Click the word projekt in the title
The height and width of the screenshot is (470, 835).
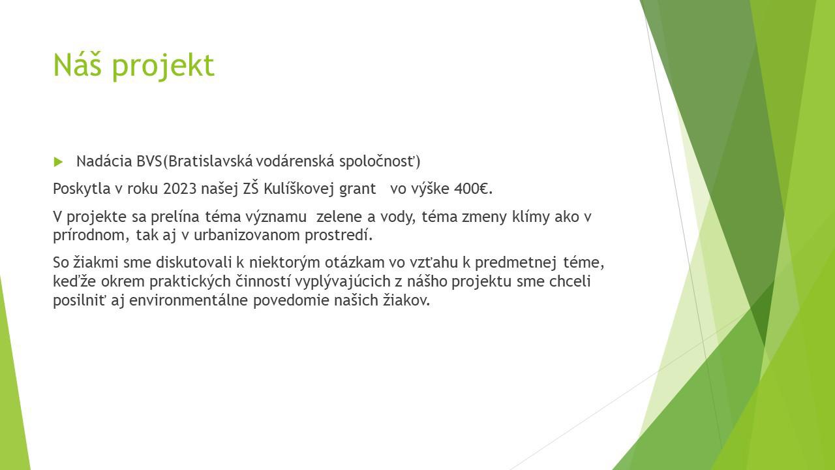click(163, 67)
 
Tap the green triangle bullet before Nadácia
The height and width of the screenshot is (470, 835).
click(58, 161)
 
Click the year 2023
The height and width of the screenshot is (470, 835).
click(179, 189)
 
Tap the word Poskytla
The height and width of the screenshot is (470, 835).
click(82, 189)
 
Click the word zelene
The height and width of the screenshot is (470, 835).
click(341, 217)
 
